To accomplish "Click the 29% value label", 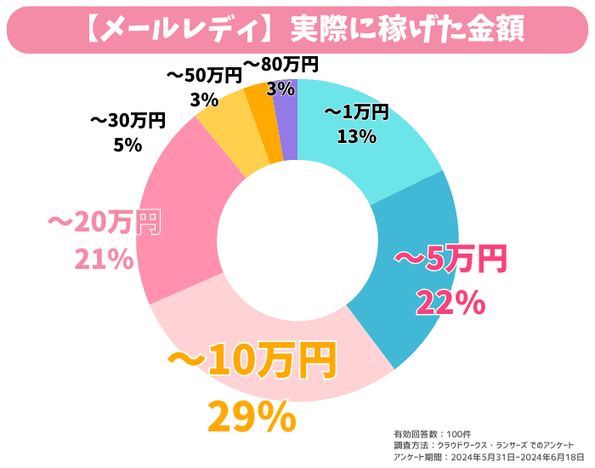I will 252,416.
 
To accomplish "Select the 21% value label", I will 104,260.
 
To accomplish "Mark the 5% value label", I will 127,145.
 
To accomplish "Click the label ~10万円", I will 252,362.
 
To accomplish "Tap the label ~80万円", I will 280,64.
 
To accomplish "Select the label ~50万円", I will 203,76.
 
